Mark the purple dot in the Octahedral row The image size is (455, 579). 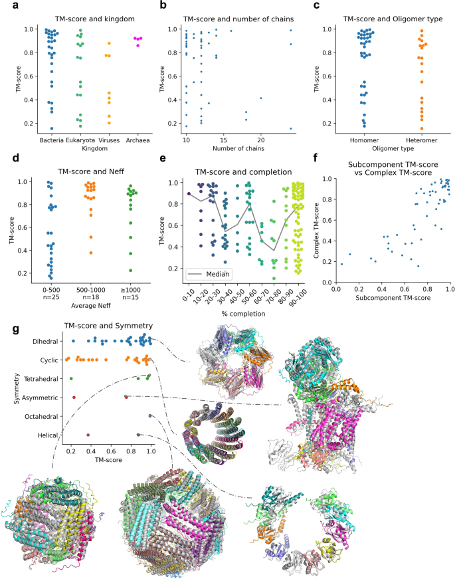151,416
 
